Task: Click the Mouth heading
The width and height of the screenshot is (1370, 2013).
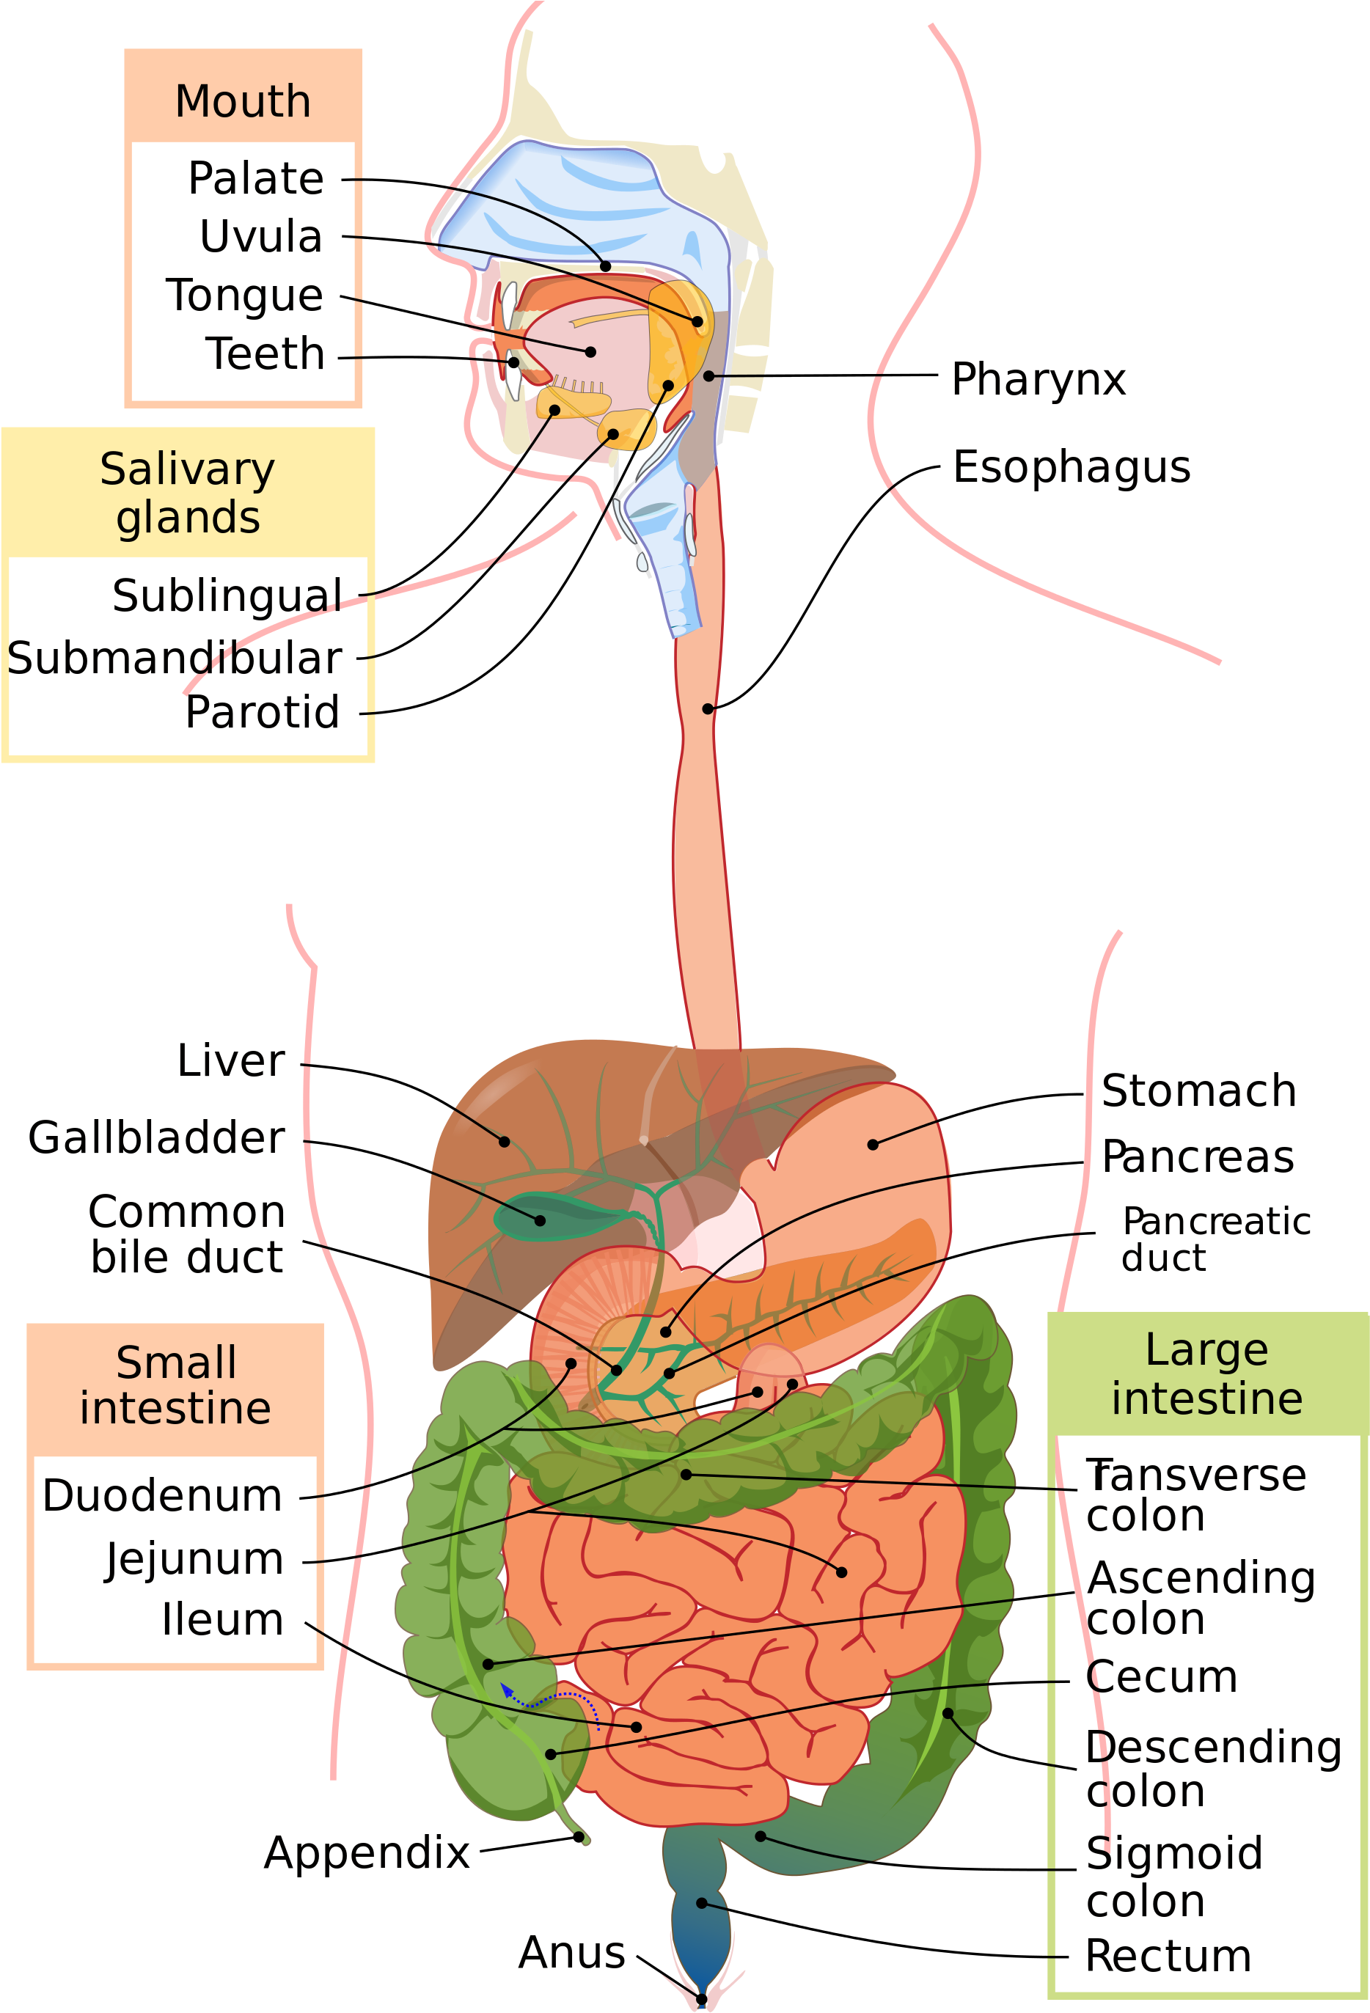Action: pos(243,101)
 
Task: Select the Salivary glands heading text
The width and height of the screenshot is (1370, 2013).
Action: pos(187,493)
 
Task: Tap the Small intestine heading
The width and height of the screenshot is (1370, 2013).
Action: pos(175,1385)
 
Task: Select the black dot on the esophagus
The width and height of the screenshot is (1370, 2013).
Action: pos(708,708)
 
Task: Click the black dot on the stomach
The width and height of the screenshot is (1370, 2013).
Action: pos(872,1144)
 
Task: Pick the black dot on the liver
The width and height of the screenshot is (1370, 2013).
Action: pos(504,1142)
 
